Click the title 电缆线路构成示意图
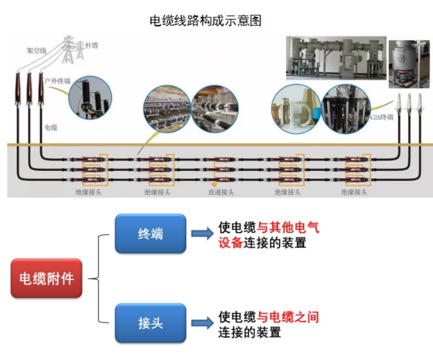point(206,21)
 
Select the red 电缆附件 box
point(46,278)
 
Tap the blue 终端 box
point(150,233)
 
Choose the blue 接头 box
point(150,323)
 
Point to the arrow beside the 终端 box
point(202,233)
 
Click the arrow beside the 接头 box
point(202,323)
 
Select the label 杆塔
point(91,45)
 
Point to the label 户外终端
point(58,81)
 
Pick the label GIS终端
point(382,118)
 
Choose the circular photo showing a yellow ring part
point(295,110)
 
